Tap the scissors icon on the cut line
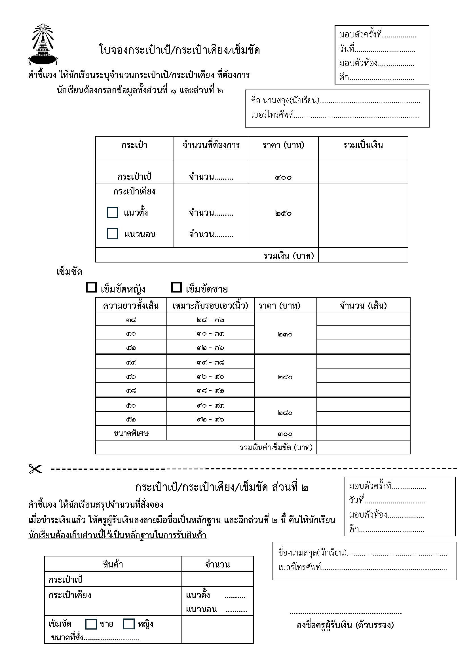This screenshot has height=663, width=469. (x=35, y=469)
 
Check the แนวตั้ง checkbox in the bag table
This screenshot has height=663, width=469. (x=112, y=213)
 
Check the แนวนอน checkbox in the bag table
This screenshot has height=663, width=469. (x=112, y=234)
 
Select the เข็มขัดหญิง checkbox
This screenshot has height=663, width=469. (x=91, y=288)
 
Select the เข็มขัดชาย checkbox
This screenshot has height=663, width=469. (x=176, y=288)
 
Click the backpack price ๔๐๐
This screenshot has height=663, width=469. (x=283, y=177)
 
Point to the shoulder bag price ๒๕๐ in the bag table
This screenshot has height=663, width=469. (x=283, y=213)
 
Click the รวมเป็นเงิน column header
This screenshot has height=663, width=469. (x=363, y=145)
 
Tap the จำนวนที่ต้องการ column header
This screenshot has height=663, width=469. (x=211, y=145)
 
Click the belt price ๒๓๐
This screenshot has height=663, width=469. (x=285, y=334)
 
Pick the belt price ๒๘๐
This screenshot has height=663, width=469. (x=285, y=413)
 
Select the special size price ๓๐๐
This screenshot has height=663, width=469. (x=285, y=434)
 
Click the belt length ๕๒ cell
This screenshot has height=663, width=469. (x=131, y=419)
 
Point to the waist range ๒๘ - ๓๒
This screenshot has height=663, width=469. (x=210, y=320)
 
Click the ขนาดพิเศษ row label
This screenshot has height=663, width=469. (x=131, y=433)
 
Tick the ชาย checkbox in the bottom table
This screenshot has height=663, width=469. (x=91, y=624)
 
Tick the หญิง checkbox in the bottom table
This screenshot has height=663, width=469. (x=129, y=624)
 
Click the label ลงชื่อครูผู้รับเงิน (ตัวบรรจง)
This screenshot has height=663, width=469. (x=345, y=625)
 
